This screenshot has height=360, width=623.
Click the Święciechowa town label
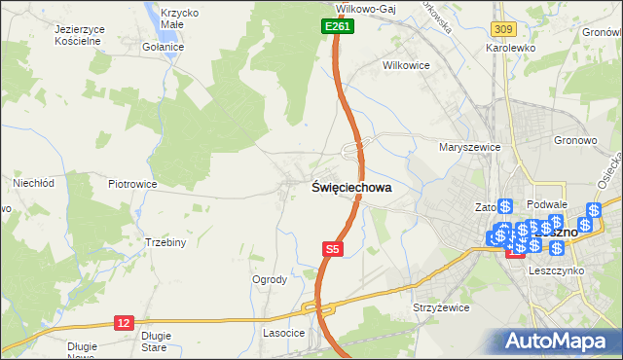pyautogui.click(x=351, y=189)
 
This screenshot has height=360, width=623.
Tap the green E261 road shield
pyautogui.click(x=337, y=28)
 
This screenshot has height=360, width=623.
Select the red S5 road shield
pyautogui.click(x=333, y=250)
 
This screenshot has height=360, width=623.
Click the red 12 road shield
pyautogui.click(x=124, y=322)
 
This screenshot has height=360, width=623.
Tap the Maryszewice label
pyautogui.click(x=469, y=147)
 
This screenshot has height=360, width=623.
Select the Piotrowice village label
pyautogui.click(x=132, y=183)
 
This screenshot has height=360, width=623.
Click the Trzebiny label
pyautogui.click(x=165, y=242)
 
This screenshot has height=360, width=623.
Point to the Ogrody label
pyautogui.click(x=270, y=279)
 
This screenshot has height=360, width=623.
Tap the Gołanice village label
pyautogui.click(x=162, y=47)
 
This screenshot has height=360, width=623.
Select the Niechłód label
pyautogui.click(x=31, y=182)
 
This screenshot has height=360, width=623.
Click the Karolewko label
pyautogui.click(x=514, y=47)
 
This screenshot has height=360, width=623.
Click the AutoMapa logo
pyautogui.click(x=559, y=341)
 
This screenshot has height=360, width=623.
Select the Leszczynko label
pyautogui.click(x=555, y=271)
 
